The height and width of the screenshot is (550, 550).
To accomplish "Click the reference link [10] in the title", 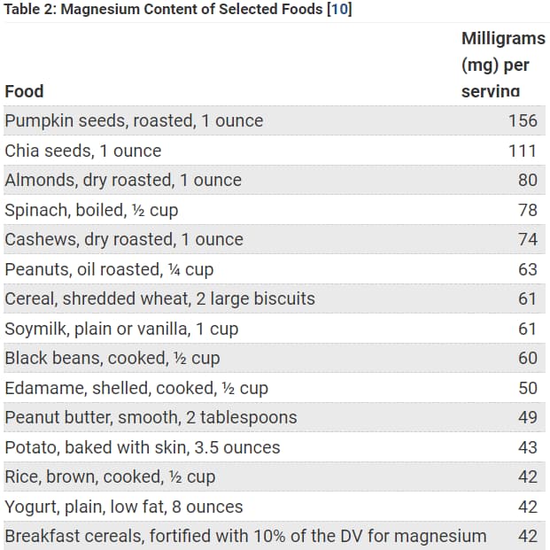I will (337, 10).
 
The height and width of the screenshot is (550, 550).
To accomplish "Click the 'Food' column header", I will (24, 91).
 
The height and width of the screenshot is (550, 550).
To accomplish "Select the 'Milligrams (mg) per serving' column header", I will (502, 65).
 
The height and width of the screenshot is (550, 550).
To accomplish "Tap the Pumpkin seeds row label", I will (134, 120).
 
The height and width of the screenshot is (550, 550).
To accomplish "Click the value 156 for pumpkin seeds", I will (523, 120).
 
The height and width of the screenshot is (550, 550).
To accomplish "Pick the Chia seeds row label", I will (83, 151).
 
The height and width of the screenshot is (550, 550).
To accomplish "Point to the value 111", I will (523, 151).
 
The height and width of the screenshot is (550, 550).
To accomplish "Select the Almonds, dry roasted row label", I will (123, 180).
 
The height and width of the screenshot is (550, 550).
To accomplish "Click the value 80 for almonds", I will (528, 180).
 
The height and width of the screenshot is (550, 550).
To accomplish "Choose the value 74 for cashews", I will (528, 239).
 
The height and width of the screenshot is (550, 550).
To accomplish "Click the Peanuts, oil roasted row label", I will (109, 269).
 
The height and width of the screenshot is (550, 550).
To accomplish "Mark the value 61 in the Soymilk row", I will (528, 329).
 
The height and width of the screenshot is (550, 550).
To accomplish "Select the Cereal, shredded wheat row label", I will (159, 298).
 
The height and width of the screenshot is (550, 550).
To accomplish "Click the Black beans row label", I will (112, 358).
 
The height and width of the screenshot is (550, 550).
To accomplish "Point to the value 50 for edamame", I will (528, 388).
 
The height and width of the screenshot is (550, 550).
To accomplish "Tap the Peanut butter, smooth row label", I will (151, 417).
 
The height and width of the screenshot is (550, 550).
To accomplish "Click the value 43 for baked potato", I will (528, 447).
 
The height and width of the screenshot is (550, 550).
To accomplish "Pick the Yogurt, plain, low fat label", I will (123, 507).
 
